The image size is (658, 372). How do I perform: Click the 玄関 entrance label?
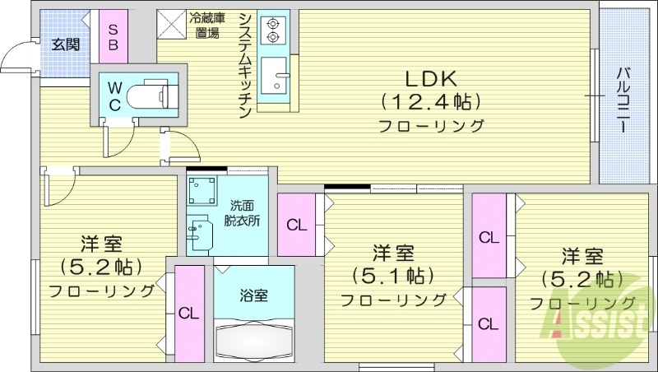pos(65,44)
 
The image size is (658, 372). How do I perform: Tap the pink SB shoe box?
pos(114,35)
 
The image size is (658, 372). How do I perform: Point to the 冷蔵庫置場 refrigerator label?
pos(206,26)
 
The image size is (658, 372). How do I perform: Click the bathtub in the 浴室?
pos(253,339)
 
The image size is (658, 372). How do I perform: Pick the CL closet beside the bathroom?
pos(189,313)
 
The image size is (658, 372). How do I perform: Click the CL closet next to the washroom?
pos(296,224)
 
